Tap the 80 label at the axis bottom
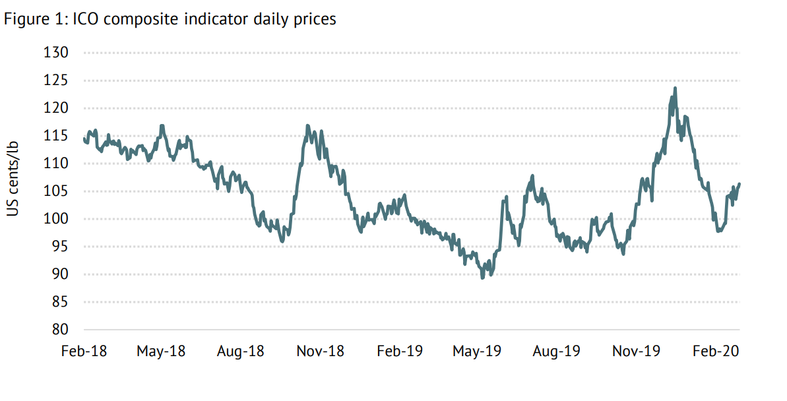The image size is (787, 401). pyautogui.click(x=59, y=329)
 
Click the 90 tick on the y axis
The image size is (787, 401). pyautogui.click(x=59, y=274)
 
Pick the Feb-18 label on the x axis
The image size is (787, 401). pyautogui.click(x=84, y=351)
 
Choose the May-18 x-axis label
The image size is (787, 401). pyautogui.click(x=161, y=351)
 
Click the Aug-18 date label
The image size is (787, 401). pyautogui.click(x=240, y=351)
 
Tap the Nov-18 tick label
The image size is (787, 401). pyautogui.click(x=320, y=351)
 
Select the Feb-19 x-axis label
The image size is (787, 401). pyautogui.click(x=400, y=351)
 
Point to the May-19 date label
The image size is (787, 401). pyautogui.click(x=476, y=351)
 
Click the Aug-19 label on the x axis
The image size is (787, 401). pyautogui.click(x=556, y=351)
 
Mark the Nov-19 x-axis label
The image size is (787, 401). pyautogui.click(x=636, y=351)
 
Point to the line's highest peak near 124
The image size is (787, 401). pyautogui.click(x=675, y=88)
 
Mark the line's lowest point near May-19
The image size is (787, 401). pyautogui.click(x=482, y=278)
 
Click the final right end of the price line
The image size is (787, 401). pyautogui.click(x=740, y=184)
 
